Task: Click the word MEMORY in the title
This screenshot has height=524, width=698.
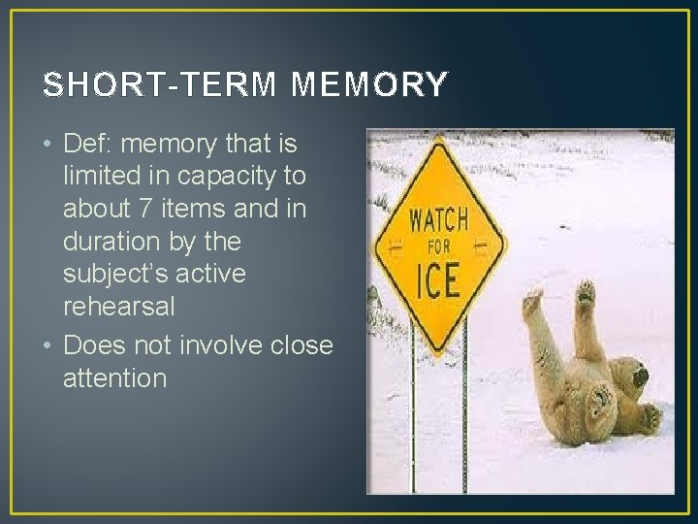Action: point(369,85)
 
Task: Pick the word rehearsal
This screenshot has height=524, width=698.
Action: point(119,307)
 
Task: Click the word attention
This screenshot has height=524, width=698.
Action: point(114,378)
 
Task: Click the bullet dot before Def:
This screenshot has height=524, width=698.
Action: point(48,146)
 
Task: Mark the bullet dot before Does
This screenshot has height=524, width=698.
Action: point(48,346)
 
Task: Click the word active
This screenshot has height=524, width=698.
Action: point(217,274)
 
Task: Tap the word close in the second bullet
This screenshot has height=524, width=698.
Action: point(297,345)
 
